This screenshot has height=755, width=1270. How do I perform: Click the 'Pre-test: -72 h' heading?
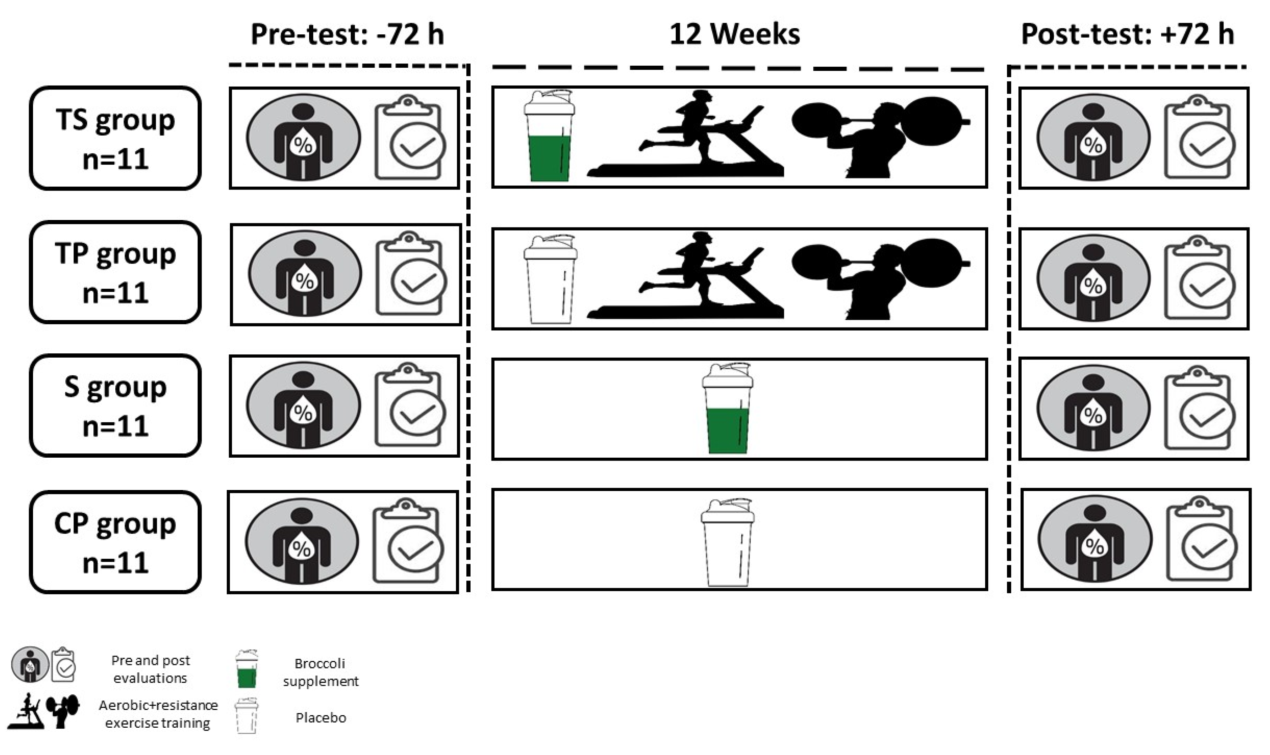coord(347,35)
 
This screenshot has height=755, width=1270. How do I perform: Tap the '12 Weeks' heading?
coord(734,35)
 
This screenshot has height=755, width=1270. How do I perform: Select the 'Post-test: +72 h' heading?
coord(1128,35)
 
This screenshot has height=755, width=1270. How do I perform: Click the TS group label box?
coord(115,138)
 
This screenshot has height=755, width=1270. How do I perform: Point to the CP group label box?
coord(115,542)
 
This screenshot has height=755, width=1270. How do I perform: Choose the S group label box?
coord(115,406)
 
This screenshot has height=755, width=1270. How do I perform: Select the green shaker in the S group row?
coord(727,408)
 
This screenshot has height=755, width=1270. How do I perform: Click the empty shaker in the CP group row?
coord(727,542)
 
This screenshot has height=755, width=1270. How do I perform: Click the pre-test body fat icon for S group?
coord(304,406)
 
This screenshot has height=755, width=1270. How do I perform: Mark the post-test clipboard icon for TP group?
coord(1200,279)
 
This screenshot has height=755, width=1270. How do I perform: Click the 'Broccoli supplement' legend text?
coord(320,672)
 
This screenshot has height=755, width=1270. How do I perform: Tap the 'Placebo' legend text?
coord(320,718)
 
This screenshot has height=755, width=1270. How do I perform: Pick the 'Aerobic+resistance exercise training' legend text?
coord(158,714)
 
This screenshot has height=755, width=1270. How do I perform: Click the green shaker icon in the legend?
coord(246,669)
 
